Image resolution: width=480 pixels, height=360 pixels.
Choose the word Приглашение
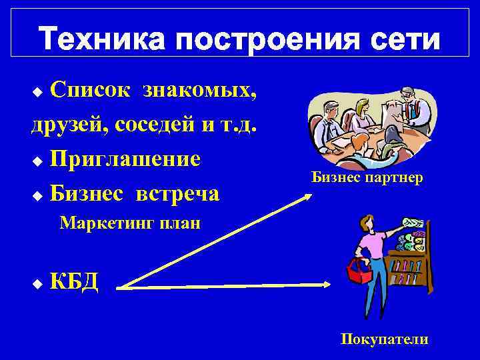tap(125, 159)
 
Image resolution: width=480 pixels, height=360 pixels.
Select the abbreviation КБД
tap(74, 282)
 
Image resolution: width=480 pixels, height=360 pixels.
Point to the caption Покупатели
tap(385, 339)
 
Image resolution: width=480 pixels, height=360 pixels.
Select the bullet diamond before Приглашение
tap(37, 161)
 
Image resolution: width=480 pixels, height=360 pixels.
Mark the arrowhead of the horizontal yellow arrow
tap(328, 285)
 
